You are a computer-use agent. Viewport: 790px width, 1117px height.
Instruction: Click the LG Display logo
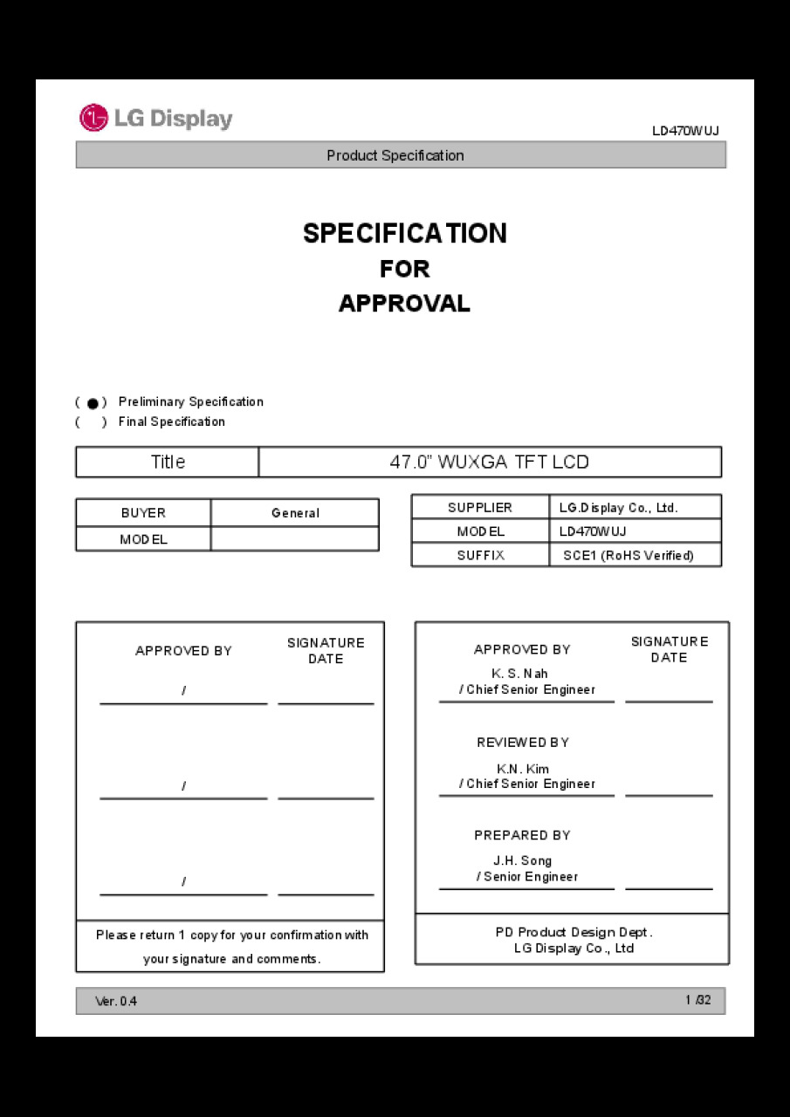tap(156, 119)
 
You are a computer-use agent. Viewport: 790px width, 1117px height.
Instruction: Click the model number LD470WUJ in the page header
tap(685, 131)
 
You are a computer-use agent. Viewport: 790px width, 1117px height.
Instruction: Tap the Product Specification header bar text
tap(395, 155)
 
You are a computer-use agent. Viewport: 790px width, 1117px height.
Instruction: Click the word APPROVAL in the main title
tap(404, 304)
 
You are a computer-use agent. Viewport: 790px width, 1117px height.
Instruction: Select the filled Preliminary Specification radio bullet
tap(93, 403)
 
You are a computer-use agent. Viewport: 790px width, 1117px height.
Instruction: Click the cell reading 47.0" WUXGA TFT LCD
tap(489, 463)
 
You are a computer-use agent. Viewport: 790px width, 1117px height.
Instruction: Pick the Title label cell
tap(168, 463)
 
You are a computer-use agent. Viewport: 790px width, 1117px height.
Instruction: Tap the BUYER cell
tap(143, 513)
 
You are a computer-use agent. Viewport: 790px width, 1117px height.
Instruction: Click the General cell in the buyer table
tap(295, 513)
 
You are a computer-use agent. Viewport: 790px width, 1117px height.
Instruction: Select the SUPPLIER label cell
tap(480, 508)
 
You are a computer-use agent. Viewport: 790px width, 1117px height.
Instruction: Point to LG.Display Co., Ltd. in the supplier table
tap(618, 508)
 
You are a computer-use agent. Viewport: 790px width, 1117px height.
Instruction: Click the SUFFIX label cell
tap(480, 555)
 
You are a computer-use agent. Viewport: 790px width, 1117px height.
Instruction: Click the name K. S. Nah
tap(520, 674)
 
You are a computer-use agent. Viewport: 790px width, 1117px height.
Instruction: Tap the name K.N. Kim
tap(523, 769)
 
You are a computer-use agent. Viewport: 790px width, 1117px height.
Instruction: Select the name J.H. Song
tap(523, 861)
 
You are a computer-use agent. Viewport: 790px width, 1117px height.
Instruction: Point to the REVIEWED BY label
tap(523, 743)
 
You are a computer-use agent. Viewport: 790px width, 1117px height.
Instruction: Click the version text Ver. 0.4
tap(116, 1002)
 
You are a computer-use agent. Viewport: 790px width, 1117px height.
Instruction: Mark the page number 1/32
tap(697, 1000)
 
